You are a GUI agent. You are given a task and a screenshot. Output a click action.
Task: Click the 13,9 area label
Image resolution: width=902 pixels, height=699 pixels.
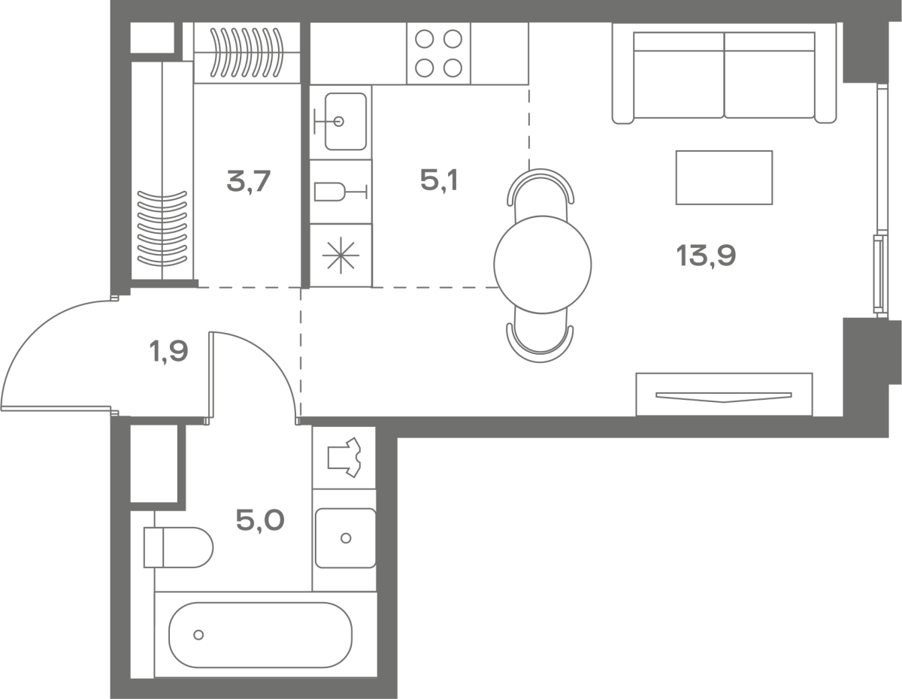click(706, 256)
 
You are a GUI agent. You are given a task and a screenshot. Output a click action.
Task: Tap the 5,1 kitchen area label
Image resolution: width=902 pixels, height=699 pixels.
click(439, 181)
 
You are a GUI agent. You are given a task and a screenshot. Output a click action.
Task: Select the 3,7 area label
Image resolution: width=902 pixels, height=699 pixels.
click(249, 181)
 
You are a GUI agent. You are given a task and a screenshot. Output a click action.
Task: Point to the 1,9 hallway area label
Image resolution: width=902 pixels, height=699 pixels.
click(169, 352)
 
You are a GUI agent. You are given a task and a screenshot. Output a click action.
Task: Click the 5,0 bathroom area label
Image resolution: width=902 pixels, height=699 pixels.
click(260, 521)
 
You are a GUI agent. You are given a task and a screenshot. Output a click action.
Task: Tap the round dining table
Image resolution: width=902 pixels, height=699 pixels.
click(543, 265)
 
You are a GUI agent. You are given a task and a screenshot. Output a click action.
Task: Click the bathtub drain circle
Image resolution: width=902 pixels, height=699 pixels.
click(198, 634)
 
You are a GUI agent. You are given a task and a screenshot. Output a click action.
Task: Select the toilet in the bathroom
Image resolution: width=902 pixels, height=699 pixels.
click(178, 547)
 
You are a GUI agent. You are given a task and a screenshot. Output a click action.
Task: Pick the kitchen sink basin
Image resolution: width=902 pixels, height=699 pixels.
click(346, 121)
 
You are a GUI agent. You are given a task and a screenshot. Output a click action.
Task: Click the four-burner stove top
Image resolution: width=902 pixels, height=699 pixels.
click(439, 53)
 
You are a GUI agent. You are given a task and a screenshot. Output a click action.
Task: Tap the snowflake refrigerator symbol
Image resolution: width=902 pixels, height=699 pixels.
click(341, 256)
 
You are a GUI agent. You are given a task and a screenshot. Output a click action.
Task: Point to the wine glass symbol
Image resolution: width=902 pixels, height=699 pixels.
click(341, 192)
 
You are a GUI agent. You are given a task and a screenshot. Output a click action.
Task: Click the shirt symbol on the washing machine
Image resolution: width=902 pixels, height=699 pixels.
click(344, 458)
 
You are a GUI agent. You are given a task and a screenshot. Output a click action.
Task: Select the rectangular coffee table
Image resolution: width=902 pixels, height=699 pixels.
click(724, 177)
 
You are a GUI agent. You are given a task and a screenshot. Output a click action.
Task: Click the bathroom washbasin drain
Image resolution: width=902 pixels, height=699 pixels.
click(346, 538)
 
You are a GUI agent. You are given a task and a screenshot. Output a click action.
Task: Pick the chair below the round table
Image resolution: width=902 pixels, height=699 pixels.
click(540, 337)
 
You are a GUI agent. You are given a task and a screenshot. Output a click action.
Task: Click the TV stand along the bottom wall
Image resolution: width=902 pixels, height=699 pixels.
click(724, 394)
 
